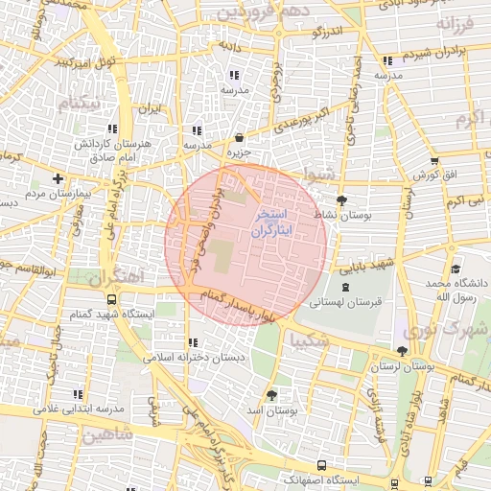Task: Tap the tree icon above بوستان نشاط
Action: [x=343, y=200]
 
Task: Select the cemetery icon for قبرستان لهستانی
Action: [x=345, y=287]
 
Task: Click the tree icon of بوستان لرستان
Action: [x=401, y=352]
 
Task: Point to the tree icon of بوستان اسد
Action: [x=271, y=394]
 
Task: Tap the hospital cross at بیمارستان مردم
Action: [x=59, y=178]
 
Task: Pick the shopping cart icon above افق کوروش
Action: [x=435, y=161]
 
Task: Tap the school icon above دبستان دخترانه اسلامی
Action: [x=194, y=342]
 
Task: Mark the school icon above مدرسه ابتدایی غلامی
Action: [x=77, y=394]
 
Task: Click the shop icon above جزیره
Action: [x=238, y=137]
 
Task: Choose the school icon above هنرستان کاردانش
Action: [x=113, y=128]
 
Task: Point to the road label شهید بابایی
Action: [x=370, y=262]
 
